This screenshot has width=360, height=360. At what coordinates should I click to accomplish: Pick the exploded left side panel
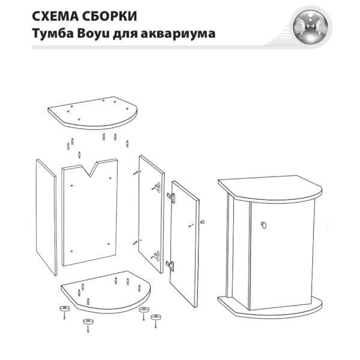[x=46, y=217]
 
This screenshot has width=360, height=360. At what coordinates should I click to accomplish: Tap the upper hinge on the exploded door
[x=171, y=197]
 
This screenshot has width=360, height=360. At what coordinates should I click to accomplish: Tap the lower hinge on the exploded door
[x=171, y=264]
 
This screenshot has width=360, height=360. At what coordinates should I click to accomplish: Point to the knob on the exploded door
[x=203, y=223]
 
